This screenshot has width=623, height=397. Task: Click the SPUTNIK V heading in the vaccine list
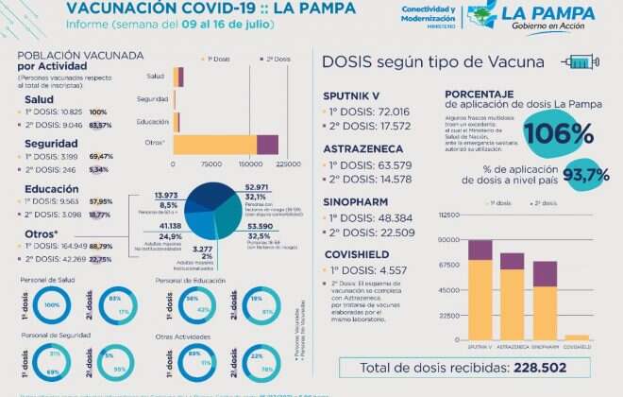(x=352, y=96)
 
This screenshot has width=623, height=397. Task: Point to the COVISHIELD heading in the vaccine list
(x=357, y=253)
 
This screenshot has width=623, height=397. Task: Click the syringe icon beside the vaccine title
(x=581, y=62)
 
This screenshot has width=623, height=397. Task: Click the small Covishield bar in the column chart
(x=576, y=337)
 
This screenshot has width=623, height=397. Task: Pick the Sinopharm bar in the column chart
(x=545, y=300)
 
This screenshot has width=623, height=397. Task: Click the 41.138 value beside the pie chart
(x=170, y=227)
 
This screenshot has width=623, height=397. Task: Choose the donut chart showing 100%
(x=52, y=305)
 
